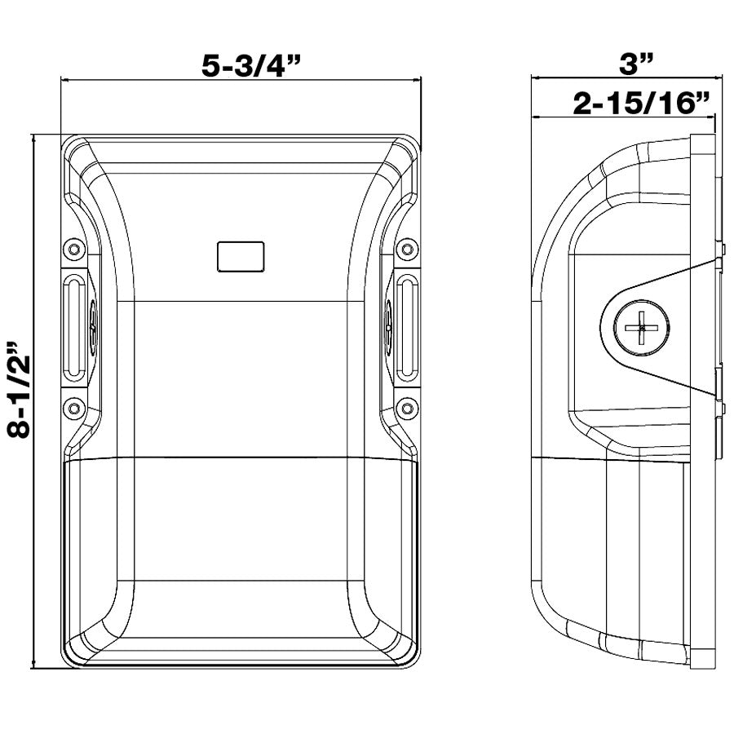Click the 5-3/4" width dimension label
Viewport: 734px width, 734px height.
[250, 65]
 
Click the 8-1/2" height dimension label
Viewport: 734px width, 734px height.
[20, 390]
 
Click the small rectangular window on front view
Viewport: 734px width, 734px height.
[241, 257]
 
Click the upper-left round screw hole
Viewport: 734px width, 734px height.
[74, 249]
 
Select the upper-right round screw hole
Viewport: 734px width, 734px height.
[407, 249]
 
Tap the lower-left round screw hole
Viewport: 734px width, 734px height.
[74, 409]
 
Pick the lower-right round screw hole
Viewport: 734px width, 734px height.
[407, 409]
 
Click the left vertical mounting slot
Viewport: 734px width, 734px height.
[74, 328]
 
